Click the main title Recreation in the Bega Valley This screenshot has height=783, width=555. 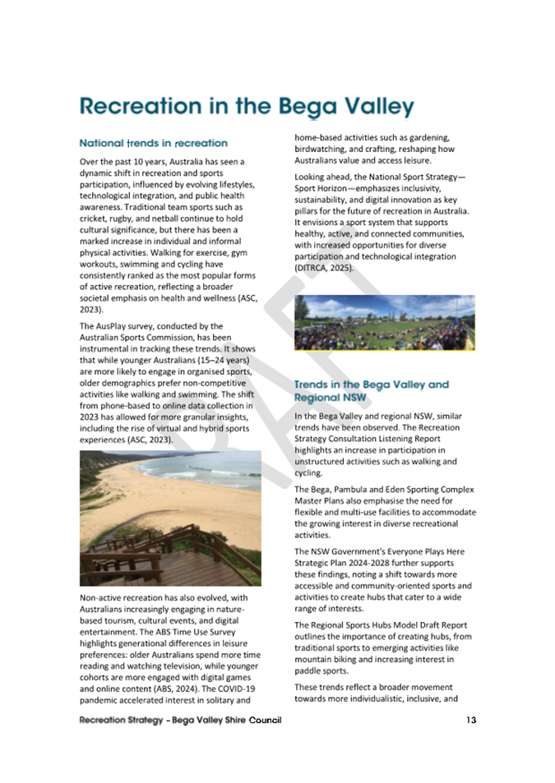click(246, 107)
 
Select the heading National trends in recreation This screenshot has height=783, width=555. click(153, 143)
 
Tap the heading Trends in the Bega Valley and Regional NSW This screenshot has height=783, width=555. click(371, 390)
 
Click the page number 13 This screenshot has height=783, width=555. click(470, 721)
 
